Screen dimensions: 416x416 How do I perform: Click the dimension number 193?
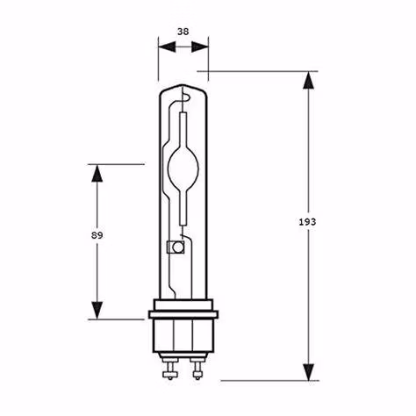click(x=307, y=222)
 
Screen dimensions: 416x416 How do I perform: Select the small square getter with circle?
click(x=174, y=248)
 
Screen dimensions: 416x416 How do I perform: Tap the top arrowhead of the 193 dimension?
click(x=307, y=82)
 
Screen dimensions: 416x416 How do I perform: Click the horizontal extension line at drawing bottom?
click(x=263, y=380)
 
